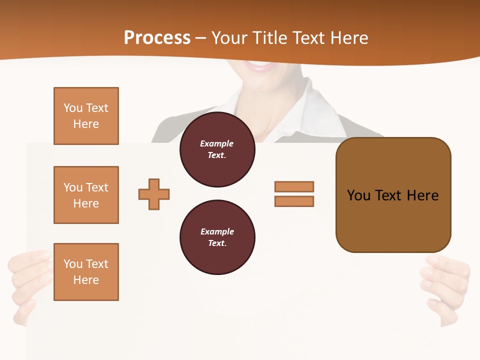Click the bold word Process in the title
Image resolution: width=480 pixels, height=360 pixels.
coord(157,37)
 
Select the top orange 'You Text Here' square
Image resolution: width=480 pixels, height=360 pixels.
coord(86,116)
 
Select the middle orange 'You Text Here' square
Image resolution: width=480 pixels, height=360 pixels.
coord(86,195)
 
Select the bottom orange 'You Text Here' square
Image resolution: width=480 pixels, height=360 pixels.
coord(86,271)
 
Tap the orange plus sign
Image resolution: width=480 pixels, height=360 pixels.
coord(154,194)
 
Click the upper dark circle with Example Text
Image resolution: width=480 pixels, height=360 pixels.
coord(217,149)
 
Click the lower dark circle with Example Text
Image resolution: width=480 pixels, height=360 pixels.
coord(217,237)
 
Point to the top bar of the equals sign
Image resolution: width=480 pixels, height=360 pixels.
coord(294,186)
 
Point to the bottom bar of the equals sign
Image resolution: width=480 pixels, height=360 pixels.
coord(294,201)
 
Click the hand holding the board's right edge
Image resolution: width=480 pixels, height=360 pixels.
coord(447,285)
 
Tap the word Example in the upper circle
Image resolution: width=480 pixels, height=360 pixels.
coord(216,143)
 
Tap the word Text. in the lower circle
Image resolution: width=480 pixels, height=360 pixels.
coord(217,243)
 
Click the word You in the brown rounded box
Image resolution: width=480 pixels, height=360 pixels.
coord(358,195)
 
